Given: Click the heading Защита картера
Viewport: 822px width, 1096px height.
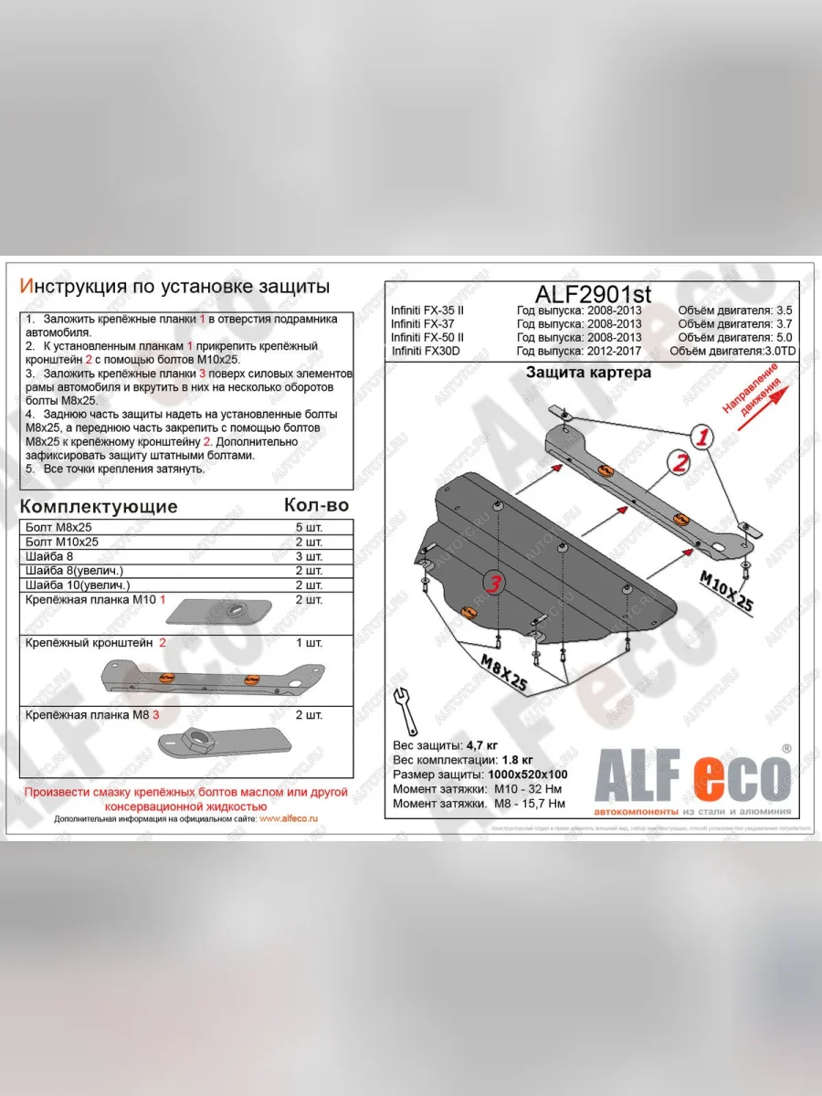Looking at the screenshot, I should pos(588,373).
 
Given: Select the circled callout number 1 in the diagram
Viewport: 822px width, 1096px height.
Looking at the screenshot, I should pos(701,438).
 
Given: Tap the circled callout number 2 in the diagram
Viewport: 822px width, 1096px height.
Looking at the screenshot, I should pos(678,464).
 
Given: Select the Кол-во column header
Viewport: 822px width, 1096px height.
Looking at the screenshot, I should pos(316,505).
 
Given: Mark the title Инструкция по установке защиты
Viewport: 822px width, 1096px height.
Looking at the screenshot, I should pos(174,287).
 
